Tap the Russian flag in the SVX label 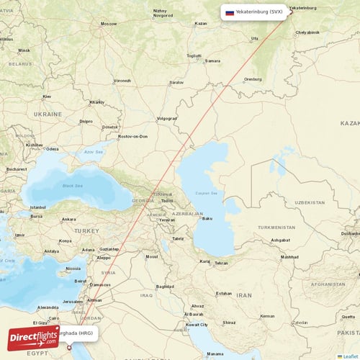pos(230,12)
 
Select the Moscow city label pos(109,24)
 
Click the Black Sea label pos(73,185)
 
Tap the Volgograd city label pos(167,117)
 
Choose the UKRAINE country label pos(48,114)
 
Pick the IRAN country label pos(244,295)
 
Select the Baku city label pos(208,218)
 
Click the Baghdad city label pos(165,287)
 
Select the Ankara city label pos(69,219)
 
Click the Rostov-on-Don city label pos(133,136)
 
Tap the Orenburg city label pos(253,78)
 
